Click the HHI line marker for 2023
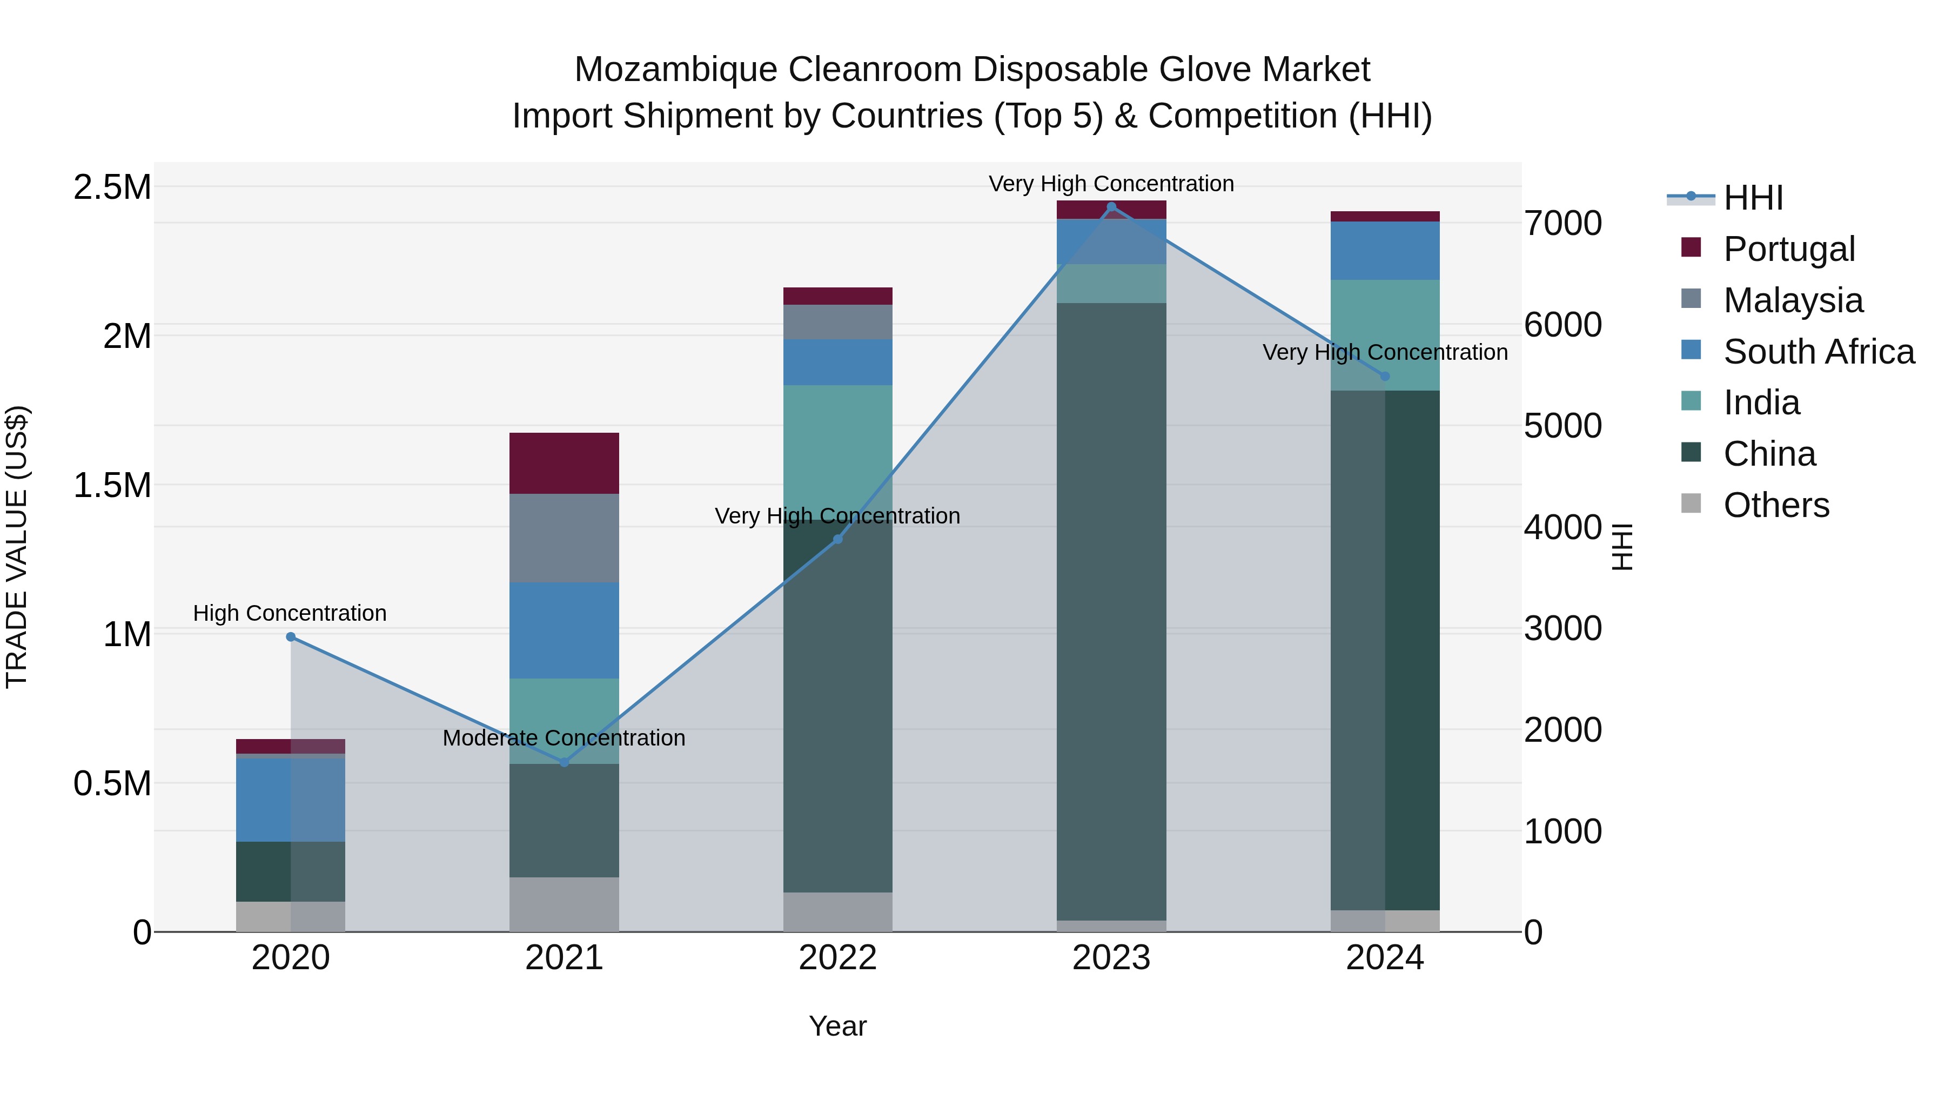[1111, 207]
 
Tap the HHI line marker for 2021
[564, 762]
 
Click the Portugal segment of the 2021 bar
[564, 463]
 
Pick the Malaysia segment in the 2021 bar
[564, 538]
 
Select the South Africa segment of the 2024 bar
[1384, 251]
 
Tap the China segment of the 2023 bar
[1111, 612]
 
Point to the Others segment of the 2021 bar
[564, 904]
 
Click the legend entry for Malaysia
[1793, 300]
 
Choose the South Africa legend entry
[1818, 352]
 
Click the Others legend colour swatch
[1691, 504]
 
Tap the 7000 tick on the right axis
[1562, 224]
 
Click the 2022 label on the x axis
[837, 958]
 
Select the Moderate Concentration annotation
[564, 737]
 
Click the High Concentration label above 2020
[290, 613]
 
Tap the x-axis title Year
[837, 1026]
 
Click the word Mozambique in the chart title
[676, 70]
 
